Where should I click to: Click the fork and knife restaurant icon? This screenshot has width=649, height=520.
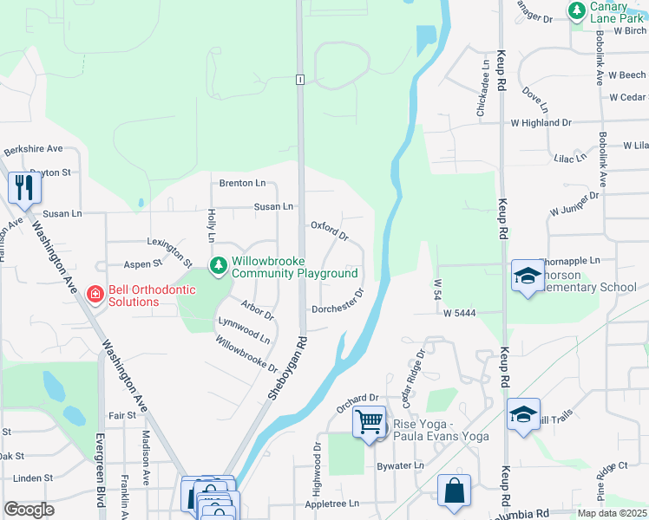click(23, 187)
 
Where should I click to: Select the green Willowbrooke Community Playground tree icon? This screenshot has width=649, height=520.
click(219, 265)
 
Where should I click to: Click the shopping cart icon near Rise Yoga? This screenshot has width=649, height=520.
click(369, 423)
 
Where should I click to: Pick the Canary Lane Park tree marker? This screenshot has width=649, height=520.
click(575, 10)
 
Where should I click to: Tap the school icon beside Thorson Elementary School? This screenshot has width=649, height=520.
click(527, 276)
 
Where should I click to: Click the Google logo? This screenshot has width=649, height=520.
click(29, 510)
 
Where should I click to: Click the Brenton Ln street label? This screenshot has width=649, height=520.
click(242, 184)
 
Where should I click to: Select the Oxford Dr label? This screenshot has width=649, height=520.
click(330, 231)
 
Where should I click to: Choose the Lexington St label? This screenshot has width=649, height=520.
click(170, 250)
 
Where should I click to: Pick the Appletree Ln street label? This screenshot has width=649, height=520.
click(331, 504)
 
